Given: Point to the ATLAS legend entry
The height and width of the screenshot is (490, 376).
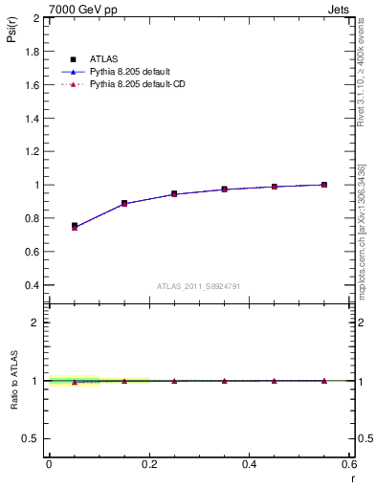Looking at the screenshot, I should pos(103,59).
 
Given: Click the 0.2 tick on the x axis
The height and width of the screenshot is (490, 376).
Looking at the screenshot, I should pos(148,465).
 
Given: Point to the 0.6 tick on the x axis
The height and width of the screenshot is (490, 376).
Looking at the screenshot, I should pos(349,465).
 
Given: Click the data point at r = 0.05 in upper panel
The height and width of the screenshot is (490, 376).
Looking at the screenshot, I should pos(74,227).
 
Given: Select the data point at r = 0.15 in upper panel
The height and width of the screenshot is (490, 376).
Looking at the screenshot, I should pos(124,203).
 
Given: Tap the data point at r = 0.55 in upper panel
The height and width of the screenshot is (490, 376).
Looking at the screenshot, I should pos(324,185).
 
